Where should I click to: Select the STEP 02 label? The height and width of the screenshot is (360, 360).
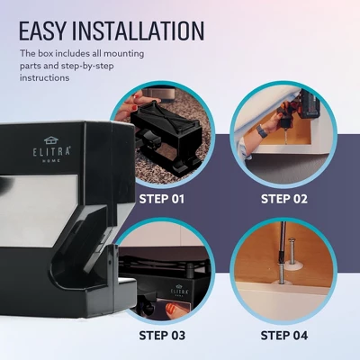pyautogui.click(x=283, y=198)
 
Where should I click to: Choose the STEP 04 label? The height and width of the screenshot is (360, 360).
pyautogui.click(x=283, y=336)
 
